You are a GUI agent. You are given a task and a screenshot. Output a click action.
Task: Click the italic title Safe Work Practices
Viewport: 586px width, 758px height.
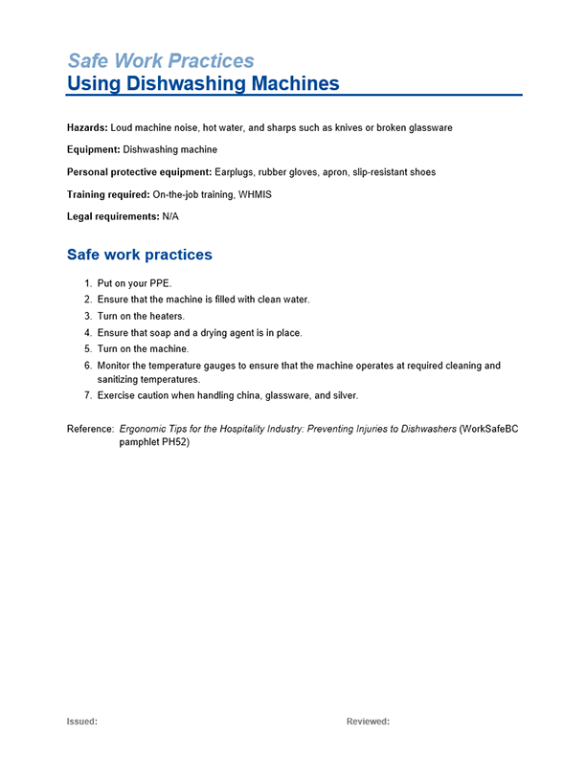[x=160, y=61]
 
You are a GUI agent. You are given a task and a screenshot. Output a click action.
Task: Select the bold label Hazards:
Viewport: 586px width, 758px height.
[x=87, y=127]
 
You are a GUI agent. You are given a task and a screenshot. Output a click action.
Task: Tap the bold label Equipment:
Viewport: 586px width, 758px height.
[x=93, y=149]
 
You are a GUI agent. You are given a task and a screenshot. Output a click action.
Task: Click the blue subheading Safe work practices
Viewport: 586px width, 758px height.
[x=139, y=255]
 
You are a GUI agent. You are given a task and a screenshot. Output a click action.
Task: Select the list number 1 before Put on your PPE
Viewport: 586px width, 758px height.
[x=87, y=284]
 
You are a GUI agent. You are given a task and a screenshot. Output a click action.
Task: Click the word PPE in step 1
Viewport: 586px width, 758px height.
[x=161, y=284]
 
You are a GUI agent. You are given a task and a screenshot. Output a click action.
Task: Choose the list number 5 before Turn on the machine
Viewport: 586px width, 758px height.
[x=87, y=349]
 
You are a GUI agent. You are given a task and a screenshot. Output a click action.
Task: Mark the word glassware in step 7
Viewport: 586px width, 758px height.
[x=286, y=396]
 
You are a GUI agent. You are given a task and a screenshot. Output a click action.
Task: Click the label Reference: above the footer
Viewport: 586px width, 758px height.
[x=90, y=429]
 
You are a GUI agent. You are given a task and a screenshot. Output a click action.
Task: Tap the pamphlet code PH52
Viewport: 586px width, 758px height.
[x=175, y=442]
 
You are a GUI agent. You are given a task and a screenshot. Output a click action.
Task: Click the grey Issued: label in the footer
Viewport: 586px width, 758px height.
[x=81, y=722]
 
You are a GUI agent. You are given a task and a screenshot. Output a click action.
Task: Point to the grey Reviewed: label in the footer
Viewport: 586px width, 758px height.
[x=368, y=722]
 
